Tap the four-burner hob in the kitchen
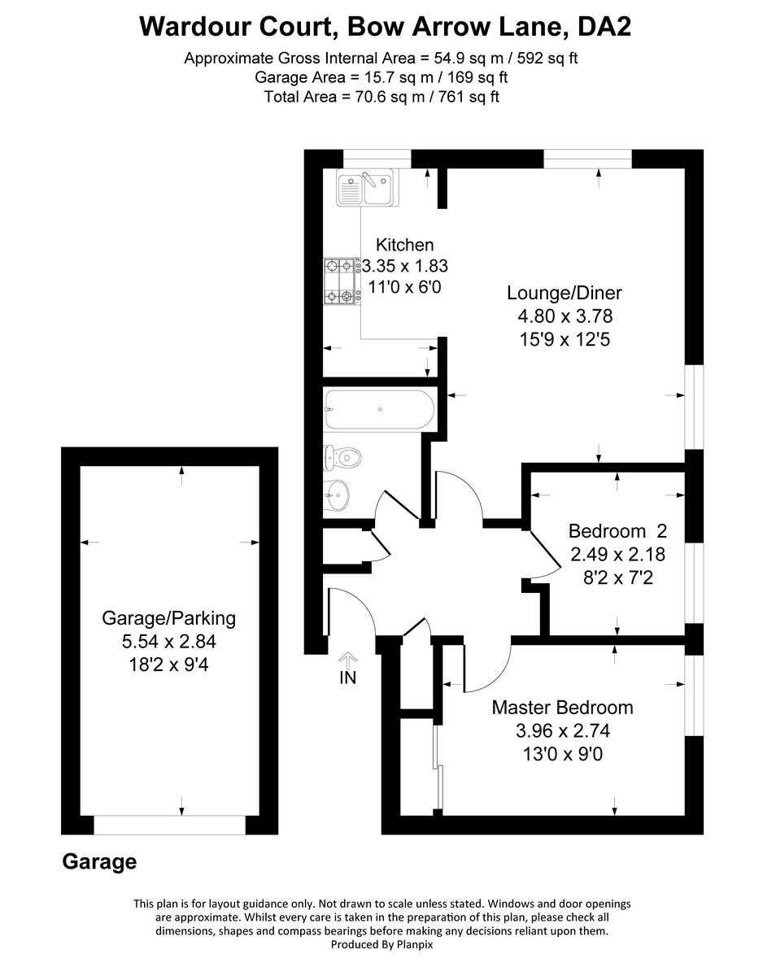tap(342, 281)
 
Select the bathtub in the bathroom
tap(379, 410)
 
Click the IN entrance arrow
tap(347, 668)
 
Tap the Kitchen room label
tap(404, 245)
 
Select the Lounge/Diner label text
tap(558, 293)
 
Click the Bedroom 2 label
tap(617, 531)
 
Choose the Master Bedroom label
tap(562, 708)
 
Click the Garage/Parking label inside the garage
tap(168, 618)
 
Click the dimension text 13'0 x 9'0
tap(562, 754)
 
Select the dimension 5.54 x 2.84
tap(168, 641)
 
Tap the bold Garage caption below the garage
tap(99, 862)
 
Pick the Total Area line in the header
tap(381, 97)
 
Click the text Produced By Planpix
tap(381, 944)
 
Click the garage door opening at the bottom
tap(169, 825)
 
